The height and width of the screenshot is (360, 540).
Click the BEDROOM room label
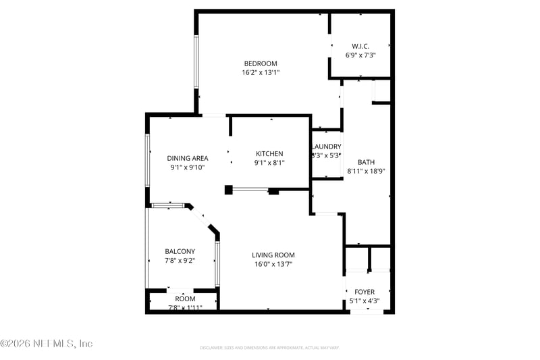tap(261, 63)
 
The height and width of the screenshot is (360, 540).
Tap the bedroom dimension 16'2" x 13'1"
tap(261, 72)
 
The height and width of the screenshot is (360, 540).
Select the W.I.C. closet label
tap(360, 46)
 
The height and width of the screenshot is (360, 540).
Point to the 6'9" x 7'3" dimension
tap(360, 55)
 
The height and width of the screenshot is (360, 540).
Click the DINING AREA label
tap(188, 158)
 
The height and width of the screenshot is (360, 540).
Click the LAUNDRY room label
tap(326, 147)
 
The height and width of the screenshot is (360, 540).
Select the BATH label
tap(366, 162)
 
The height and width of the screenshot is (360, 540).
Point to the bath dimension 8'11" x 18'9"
tap(366, 172)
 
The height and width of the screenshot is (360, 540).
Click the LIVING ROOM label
tap(273, 255)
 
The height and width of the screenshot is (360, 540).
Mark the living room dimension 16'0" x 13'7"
tap(273, 264)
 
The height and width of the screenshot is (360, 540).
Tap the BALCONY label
tap(180, 251)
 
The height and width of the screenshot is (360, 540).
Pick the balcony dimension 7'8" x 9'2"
tap(180, 261)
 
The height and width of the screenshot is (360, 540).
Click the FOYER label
tap(364, 292)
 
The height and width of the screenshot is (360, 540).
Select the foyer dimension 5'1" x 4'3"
tap(364, 301)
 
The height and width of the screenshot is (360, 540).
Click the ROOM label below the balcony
tap(185, 299)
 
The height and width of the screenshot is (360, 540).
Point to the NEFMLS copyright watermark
tap(47, 344)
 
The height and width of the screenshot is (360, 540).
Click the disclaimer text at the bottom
tap(269, 348)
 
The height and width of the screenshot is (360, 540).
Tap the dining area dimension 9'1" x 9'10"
tap(188, 168)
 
